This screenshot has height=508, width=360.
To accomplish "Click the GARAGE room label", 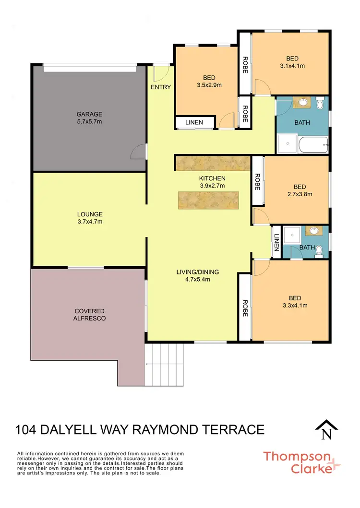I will click(89, 114).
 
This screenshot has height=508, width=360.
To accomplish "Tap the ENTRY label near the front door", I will click(160, 87).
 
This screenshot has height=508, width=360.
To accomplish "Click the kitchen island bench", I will click(208, 200).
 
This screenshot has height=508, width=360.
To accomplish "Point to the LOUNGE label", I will click(89, 214).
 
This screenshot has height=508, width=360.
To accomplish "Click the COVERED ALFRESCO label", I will click(89, 315).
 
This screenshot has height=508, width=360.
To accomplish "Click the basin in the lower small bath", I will click(315, 231).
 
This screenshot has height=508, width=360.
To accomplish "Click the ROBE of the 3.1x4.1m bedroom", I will click(245, 63).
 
